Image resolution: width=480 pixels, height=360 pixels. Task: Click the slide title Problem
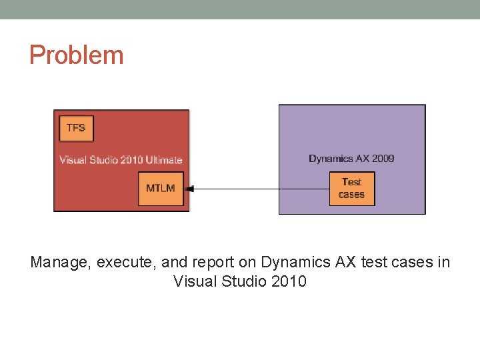pos(76,55)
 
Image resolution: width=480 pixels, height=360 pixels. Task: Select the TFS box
pos(76,127)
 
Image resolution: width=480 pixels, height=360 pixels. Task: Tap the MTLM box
pos(160,188)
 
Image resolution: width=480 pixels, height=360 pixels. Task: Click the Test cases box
pos(351,188)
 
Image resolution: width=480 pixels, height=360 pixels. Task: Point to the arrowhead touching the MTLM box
pos(188,189)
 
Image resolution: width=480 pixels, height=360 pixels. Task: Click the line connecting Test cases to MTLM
pos(260,189)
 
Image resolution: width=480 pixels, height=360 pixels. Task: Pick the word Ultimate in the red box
pos(161,160)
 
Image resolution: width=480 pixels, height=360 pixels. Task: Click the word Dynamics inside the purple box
pos(331,159)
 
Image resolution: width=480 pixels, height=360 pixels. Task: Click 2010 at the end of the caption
pos(289,281)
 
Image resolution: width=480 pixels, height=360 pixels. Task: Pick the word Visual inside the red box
pos(73,160)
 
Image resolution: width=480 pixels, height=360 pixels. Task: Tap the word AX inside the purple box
pos(360,159)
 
